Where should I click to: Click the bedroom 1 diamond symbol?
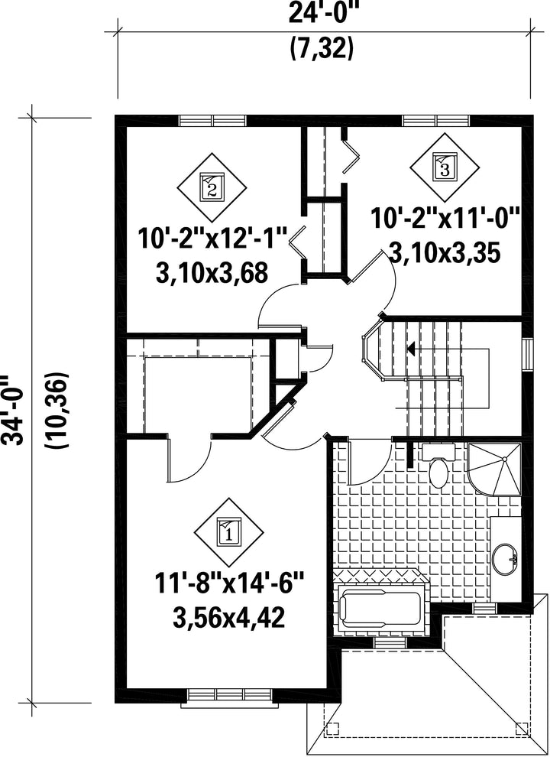click(228, 533)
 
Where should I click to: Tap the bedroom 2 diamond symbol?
click(212, 187)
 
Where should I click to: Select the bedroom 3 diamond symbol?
click(445, 167)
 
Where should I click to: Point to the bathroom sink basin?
click(506, 559)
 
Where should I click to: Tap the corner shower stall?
click(494, 469)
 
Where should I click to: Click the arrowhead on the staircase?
click(412, 348)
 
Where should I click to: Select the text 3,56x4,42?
click(228, 619)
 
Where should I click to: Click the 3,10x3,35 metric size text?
click(444, 253)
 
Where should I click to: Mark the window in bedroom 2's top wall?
click(213, 120)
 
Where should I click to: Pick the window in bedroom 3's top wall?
click(436, 120)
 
